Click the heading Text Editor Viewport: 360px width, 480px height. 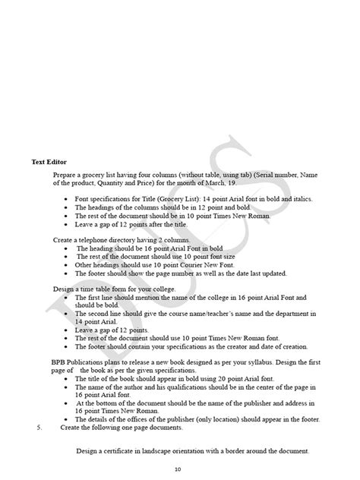[49, 162]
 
